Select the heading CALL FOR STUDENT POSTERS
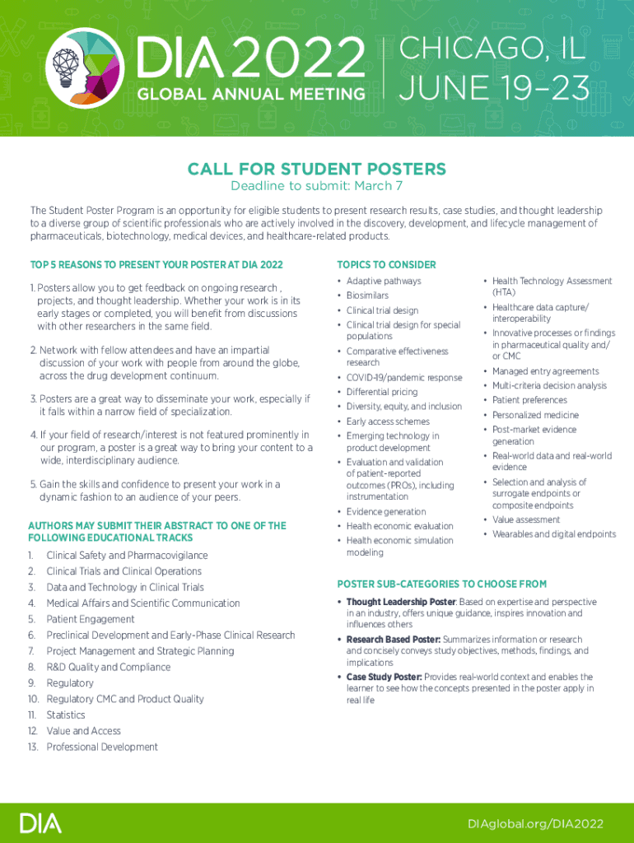point(316,170)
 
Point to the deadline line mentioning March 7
point(316,186)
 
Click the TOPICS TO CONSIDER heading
point(386,265)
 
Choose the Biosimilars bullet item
point(367,296)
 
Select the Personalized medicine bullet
point(535,415)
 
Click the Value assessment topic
point(526,519)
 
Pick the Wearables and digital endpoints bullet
point(553,534)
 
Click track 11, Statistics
point(65,715)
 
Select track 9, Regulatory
point(69,683)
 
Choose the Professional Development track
point(101,747)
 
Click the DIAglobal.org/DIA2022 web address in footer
point(535,824)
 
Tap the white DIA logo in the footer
point(40,823)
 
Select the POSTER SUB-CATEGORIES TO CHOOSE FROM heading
point(441,584)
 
